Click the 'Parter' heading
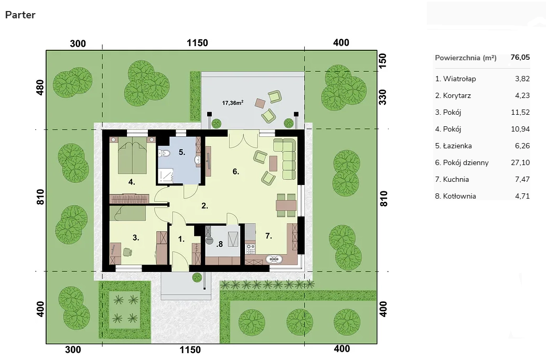tap(20, 15)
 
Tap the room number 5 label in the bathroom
tap(182, 152)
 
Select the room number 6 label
tap(235, 171)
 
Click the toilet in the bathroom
tap(164, 153)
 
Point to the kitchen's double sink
tap(275, 259)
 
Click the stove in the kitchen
tap(251, 249)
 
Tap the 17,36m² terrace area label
tap(232, 103)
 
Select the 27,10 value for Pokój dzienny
tap(520, 162)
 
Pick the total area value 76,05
tap(520, 58)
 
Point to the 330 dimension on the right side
tap(382, 97)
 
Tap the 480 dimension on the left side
tap(40, 88)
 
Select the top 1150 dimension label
tap(197, 43)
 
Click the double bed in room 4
tap(132, 155)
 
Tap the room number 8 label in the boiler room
tap(219, 244)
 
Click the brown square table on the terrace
tap(260, 103)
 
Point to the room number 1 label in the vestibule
tap(181, 239)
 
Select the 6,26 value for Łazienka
tap(522, 146)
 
